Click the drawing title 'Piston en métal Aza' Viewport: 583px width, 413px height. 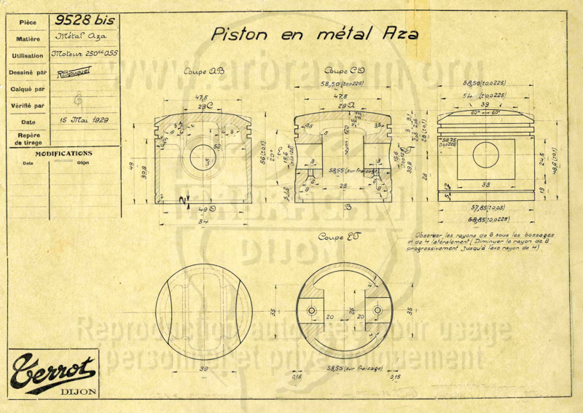click(x=314, y=34)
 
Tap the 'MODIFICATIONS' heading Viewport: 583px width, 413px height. click(x=63, y=154)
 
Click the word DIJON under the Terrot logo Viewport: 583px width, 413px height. click(x=77, y=388)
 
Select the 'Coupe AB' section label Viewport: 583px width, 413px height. click(x=205, y=71)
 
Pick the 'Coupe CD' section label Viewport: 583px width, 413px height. click(x=344, y=71)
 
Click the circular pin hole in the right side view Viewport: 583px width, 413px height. click(x=485, y=154)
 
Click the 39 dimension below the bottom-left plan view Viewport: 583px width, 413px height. click(x=204, y=370)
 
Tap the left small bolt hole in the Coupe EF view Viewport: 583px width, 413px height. click(x=312, y=310)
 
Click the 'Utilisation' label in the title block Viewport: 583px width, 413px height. click(x=28, y=56)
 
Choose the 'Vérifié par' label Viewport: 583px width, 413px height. click(x=28, y=106)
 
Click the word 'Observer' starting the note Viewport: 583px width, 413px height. click(x=429, y=235)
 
